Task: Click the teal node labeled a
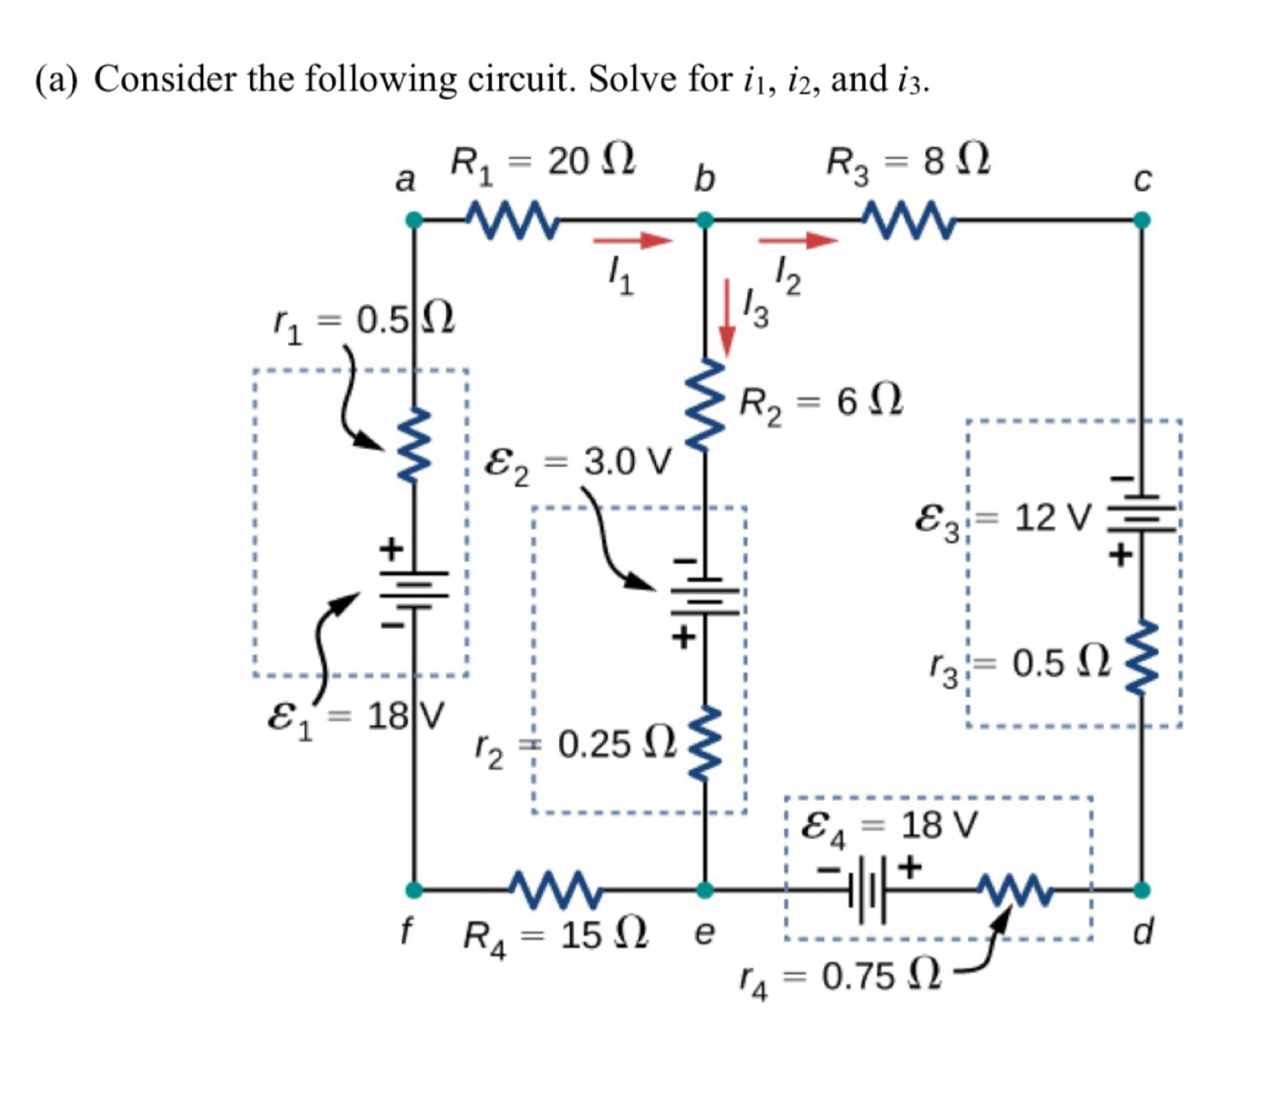coord(413,220)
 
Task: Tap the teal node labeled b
coord(704,220)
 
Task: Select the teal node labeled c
coord(1141,220)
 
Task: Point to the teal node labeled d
coord(1141,889)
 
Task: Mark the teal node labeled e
coord(704,889)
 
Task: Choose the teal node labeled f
coord(413,889)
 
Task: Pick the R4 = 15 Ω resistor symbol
coord(556,889)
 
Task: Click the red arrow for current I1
coord(632,240)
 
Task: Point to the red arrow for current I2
coord(797,240)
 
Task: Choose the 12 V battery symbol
coord(1141,517)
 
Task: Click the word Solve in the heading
coord(633,79)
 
